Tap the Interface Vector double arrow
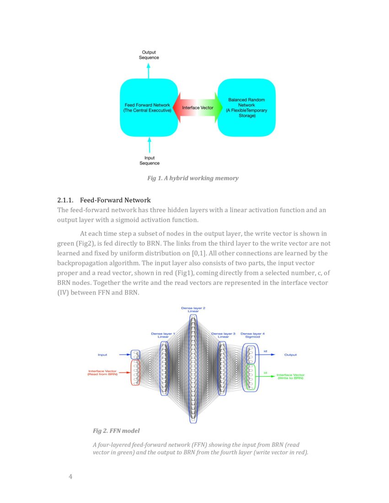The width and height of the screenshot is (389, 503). pyautogui.click(x=197, y=107)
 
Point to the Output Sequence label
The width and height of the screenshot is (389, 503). pyautogui.click(x=149, y=55)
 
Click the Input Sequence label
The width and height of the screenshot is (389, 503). pyautogui.click(x=149, y=161)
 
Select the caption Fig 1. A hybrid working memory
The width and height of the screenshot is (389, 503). pyautogui.click(x=193, y=178)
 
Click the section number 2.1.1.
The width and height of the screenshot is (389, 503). pyautogui.click(x=65, y=200)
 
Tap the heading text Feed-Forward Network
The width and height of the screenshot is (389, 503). pyautogui.click(x=115, y=200)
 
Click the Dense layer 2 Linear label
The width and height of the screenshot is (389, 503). pyautogui.click(x=193, y=310)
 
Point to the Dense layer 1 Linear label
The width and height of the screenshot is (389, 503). pyautogui.click(x=163, y=335)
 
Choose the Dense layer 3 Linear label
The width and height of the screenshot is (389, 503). pyautogui.click(x=223, y=335)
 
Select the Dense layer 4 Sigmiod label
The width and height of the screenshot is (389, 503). pyautogui.click(x=253, y=335)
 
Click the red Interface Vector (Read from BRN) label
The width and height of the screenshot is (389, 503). pyautogui.click(x=103, y=373)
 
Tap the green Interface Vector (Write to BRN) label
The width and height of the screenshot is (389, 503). pyautogui.click(x=291, y=376)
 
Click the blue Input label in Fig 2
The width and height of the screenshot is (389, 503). pyautogui.click(x=103, y=354)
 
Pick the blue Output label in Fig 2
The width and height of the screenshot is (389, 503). pyautogui.click(x=291, y=354)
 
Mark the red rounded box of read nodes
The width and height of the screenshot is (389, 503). pyautogui.click(x=135, y=372)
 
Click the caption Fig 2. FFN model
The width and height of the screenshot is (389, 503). pyautogui.click(x=116, y=431)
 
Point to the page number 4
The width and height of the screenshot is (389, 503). pyautogui.click(x=70, y=477)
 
